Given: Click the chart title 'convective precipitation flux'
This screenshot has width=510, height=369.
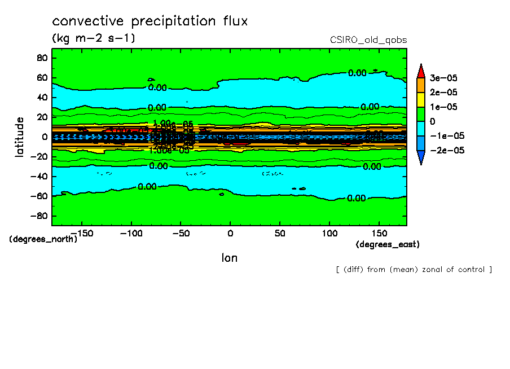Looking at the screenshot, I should click(x=150, y=22).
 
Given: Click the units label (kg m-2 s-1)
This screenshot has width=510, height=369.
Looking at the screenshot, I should click(x=94, y=39).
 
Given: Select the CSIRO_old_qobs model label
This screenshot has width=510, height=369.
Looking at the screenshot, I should click(x=368, y=40).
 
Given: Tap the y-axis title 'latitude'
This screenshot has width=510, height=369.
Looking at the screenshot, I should click(x=20, y=137).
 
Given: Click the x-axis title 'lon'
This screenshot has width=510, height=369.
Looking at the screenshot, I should click(x=229, y=258).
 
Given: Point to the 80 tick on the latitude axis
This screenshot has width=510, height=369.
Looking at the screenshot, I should click(x=41, y=58).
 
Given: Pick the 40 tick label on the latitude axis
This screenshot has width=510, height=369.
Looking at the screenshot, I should click(x=41, y=98).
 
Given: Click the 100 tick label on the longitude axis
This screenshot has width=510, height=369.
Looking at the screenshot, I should click(x=329, y=232).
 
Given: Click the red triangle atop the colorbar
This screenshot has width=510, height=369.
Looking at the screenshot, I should click(x=421, y=71).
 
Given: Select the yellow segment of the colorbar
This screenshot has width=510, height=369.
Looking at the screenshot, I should click(x=421, y=99).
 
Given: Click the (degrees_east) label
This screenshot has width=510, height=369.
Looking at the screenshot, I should click(x=388, y=245).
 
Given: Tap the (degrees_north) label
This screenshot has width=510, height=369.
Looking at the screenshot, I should click(x=43, y=239).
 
